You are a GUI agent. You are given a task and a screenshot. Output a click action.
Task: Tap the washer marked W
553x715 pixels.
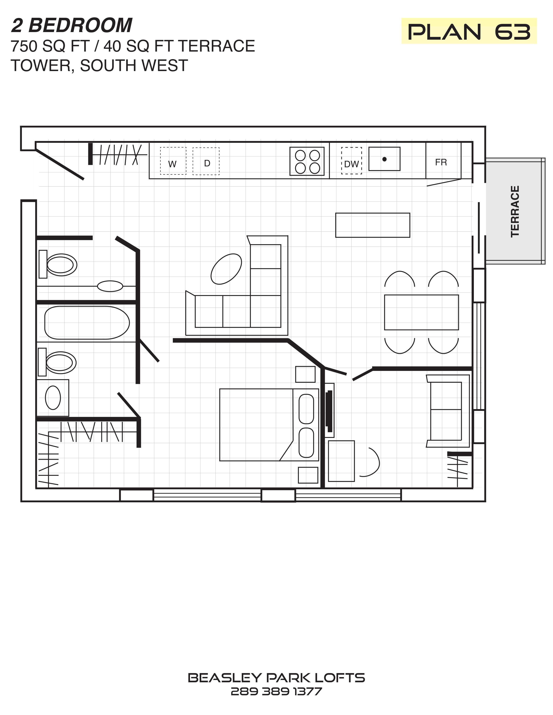173,161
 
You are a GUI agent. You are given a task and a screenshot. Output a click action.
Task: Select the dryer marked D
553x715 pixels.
206,161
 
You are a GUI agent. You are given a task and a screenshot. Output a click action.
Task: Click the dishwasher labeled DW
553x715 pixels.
352,160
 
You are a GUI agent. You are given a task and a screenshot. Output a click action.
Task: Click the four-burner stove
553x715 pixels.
307,161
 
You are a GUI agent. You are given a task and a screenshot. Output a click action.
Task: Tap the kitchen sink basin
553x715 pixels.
384,159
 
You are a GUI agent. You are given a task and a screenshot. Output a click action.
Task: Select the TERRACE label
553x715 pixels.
515,211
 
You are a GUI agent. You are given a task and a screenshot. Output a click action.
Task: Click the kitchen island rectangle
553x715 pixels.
373,225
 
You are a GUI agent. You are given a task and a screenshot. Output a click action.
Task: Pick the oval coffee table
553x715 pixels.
226,269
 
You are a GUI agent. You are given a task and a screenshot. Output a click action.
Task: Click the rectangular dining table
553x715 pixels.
421,312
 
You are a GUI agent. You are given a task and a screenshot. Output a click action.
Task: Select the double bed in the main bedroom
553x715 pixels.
269,425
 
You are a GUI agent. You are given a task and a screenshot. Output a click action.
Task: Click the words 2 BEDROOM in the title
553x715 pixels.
72,25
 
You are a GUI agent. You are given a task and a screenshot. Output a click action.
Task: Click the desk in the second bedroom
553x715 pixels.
341,461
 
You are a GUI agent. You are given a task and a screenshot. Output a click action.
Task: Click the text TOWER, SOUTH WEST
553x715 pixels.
99,65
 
